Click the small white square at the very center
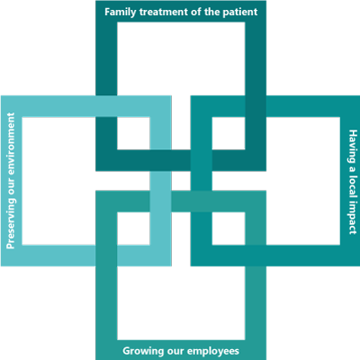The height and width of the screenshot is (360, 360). point(181,181)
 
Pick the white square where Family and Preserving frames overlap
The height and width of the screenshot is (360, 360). point(133,133)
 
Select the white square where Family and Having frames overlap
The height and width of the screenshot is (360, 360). point(229,133)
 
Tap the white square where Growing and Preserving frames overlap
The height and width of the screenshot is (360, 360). point(133,229)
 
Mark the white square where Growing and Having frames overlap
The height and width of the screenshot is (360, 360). point(229,229)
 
